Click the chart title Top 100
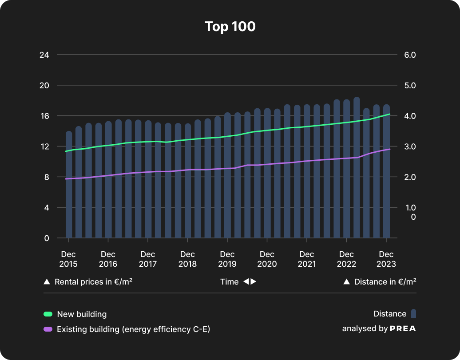pos(230,27)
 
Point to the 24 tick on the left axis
pos(44,55)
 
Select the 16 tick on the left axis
pos(44,116)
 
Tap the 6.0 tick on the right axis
pos(409,55)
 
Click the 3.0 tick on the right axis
pos(409,146)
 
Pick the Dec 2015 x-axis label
pos(68,259)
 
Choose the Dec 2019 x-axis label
pos(227,259)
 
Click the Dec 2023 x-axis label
pos(386,259)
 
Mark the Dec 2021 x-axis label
pos(307,259)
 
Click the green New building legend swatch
pos(48,314)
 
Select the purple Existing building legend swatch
pos(48,329)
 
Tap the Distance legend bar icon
pos(413,314)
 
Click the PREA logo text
pos(403,329)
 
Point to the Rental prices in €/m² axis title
pos(93,282)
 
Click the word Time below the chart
pos(230,282)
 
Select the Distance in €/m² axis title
pos(385,282)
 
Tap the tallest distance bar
pos(357,169)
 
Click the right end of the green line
pos(389,114)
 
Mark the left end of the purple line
pos(66,179)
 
